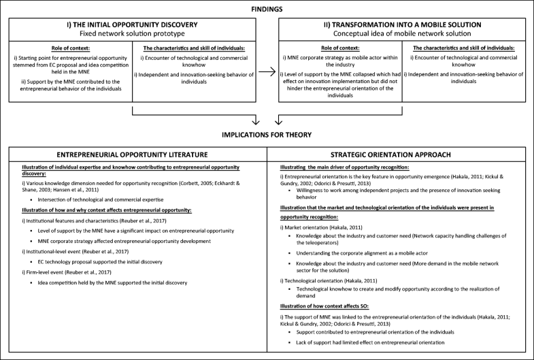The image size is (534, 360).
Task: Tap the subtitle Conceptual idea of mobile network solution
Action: point(402,33)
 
